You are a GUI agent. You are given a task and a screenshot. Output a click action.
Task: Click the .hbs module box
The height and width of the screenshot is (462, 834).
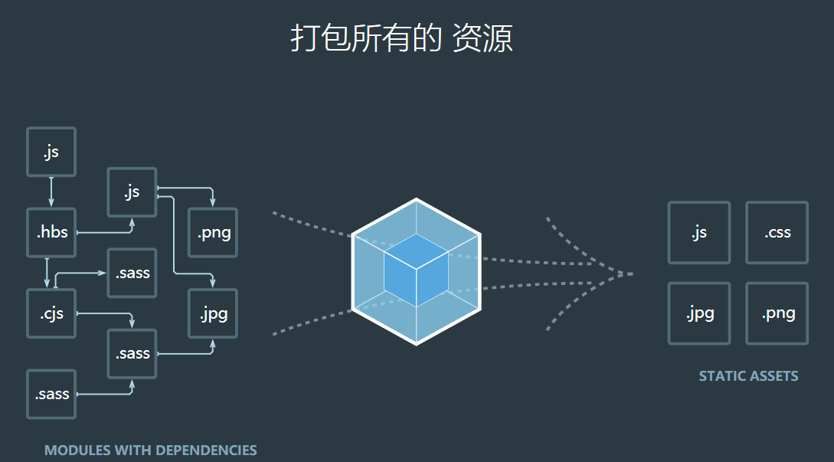(x=51, y=233)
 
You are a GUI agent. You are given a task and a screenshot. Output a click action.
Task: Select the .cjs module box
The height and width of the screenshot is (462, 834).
(x=51, y=313)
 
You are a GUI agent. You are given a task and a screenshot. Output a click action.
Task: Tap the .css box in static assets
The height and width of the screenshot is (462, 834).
(x=777, y=233)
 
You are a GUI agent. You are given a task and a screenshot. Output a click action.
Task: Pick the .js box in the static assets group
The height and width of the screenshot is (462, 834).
(x=698, y=233)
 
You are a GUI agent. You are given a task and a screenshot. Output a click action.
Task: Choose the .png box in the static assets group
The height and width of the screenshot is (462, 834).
(x=777, y=313)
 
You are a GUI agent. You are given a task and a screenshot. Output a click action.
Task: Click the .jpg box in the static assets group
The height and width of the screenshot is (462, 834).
(x=698, y=313)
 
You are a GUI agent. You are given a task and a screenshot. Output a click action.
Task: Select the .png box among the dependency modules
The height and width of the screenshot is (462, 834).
(x=213, y=233)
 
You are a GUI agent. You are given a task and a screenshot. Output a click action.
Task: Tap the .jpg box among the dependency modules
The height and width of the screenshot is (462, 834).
(x=213, y=313)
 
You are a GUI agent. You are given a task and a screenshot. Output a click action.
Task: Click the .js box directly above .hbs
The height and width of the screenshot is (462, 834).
(x=51, y=152)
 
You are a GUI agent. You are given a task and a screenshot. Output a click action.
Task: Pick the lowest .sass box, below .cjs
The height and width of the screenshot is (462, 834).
(x=51, y=395)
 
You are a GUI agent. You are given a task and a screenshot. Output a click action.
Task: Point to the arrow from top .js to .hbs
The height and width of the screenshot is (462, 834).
(x=51, y=192)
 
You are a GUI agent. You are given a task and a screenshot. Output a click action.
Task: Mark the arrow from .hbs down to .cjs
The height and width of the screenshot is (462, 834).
(x=47, y=273)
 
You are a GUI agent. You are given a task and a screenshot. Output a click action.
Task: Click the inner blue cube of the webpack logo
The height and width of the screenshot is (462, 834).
(x=416, y=272)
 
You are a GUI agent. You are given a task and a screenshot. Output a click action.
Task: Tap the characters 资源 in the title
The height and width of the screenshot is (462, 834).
(x=482, y=38)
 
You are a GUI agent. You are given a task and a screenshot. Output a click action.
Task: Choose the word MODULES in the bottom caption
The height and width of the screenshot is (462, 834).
(x=77, y=451)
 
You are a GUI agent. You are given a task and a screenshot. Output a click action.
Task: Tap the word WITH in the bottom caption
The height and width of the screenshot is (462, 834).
(x=133, y=451)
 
